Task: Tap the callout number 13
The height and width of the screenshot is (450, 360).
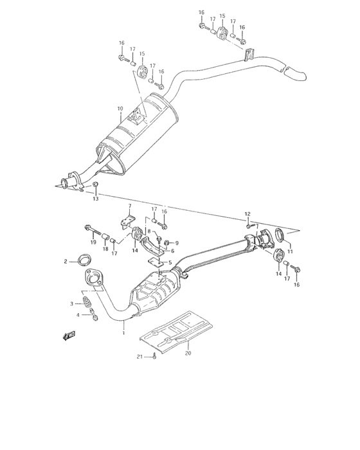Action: (x=95, y=199)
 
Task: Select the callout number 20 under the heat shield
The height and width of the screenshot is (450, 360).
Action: (x=188, y=352)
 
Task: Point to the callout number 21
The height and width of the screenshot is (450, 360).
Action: (x=139, y=357)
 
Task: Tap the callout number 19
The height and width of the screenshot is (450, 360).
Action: (x=93, y=242)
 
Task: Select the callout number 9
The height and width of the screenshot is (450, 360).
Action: (x=177, y=242)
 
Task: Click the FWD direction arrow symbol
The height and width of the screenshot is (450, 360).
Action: (x=69, y=334)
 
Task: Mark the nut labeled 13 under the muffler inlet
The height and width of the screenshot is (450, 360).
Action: (x=95, y=186)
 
